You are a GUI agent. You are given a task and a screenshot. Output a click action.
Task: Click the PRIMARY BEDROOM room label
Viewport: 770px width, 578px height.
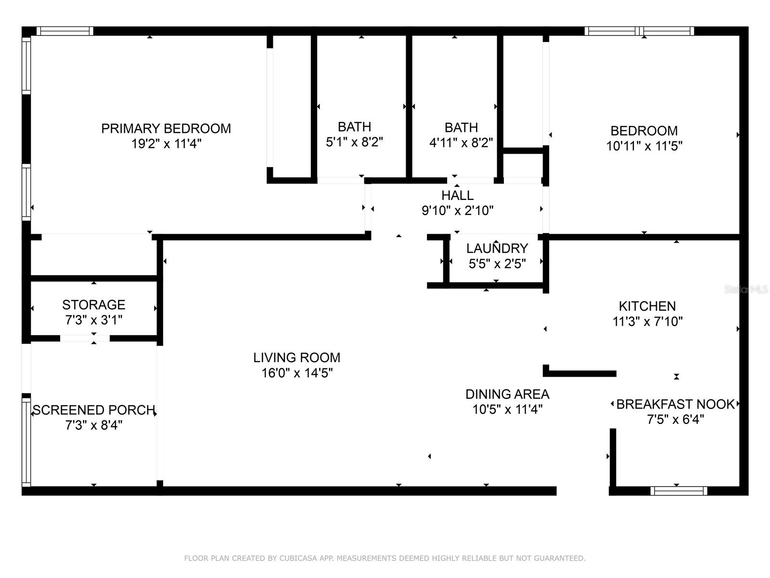[x=166, y=129]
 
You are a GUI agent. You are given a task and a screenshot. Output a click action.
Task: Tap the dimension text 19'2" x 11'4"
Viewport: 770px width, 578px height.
[x=167, y=144]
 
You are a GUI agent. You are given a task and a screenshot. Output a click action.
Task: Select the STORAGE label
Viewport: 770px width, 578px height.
[x=94, y=304]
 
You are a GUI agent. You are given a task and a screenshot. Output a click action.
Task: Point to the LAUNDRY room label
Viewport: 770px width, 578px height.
[x=497, y=248]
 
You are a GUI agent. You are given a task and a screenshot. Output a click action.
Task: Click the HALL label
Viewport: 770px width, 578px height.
[x=457, y=195]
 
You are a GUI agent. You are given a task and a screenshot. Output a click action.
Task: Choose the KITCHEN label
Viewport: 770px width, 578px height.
[x=647, y=306]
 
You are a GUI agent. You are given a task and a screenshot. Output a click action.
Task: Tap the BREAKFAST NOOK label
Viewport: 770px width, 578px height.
[x=675, y=404]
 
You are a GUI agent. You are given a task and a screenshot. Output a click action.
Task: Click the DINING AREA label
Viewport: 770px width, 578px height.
[x=507, y=394]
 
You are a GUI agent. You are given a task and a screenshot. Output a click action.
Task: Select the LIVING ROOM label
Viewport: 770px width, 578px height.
[x=297, y=357]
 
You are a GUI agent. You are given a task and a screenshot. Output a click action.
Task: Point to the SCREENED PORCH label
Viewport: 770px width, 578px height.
[x=94, y=410]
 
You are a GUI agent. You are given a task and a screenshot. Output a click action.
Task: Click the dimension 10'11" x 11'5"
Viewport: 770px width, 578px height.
[x=644, y=145]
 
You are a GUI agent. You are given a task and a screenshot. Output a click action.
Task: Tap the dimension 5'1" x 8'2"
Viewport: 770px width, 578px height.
[x=354, y=142]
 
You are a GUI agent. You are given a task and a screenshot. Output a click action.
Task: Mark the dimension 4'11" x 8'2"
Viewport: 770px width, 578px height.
[x=461, y=143]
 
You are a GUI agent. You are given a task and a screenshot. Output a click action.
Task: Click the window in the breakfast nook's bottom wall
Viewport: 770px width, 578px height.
[x=679, y=491]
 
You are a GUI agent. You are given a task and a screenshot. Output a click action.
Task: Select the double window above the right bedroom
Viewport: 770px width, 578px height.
[x=639, y=31]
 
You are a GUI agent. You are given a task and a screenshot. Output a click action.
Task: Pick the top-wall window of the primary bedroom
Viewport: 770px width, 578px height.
[x=65, y=31]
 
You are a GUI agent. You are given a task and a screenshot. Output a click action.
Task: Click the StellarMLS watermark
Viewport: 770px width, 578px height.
[x=746, y=289]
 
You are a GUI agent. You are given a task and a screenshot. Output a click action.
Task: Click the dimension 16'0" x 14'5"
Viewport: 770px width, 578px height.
[x=297, y=373]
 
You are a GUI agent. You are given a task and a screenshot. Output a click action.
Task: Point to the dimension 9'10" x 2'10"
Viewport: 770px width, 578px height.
[x=457, y=210]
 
